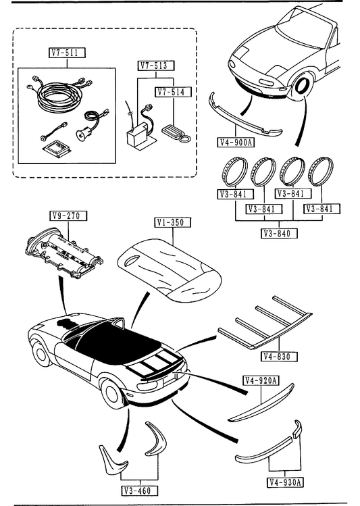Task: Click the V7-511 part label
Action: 67,53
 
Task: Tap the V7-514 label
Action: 174,92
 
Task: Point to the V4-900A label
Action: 236,142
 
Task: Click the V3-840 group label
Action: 279,233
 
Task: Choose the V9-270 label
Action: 69,216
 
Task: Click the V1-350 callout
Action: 173,222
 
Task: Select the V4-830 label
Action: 279,357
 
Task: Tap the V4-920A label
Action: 261,381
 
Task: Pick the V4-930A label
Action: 285,482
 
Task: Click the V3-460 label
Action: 140,491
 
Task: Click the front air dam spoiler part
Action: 245,117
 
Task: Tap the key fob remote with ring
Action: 177,133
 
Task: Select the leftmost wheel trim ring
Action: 234,172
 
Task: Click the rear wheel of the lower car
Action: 111,394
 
